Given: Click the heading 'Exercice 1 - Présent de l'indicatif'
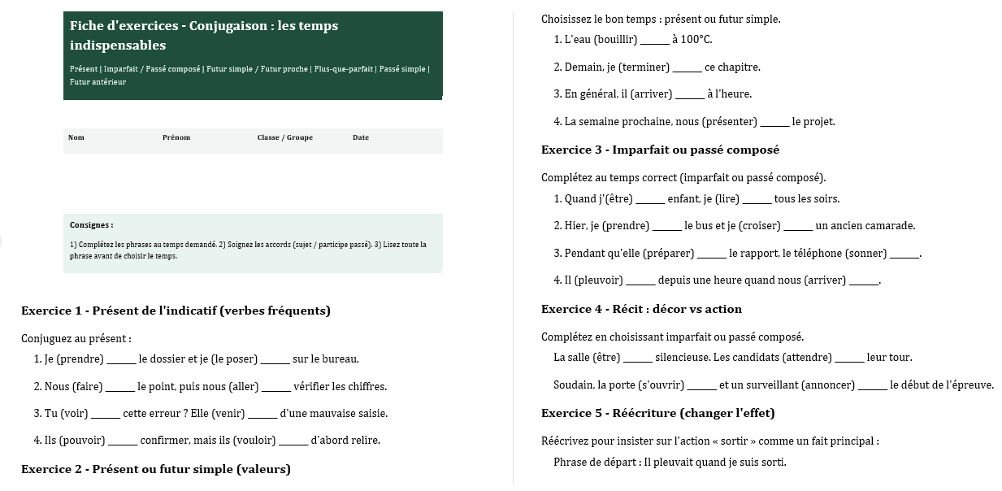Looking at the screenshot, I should [x=176, y=311].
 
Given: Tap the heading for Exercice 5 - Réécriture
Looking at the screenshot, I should [x=657, y=413].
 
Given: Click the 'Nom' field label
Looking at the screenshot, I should [x=76, y=137].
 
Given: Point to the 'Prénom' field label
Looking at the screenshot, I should [x=176, y=137].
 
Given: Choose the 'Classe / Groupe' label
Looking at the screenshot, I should [x=284, y=137].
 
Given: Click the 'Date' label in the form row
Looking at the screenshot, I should [x=361, y=137].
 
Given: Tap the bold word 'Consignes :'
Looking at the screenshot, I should [x=92, y=225].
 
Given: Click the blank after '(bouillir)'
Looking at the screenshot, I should [x=654, y=41].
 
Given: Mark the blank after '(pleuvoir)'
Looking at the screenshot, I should [x=640, y=281].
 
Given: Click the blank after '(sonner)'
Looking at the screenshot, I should [x=904, y=254].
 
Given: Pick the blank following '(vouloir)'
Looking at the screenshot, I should [x=293, y=441].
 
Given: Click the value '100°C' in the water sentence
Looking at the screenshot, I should [x=696, y=40].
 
